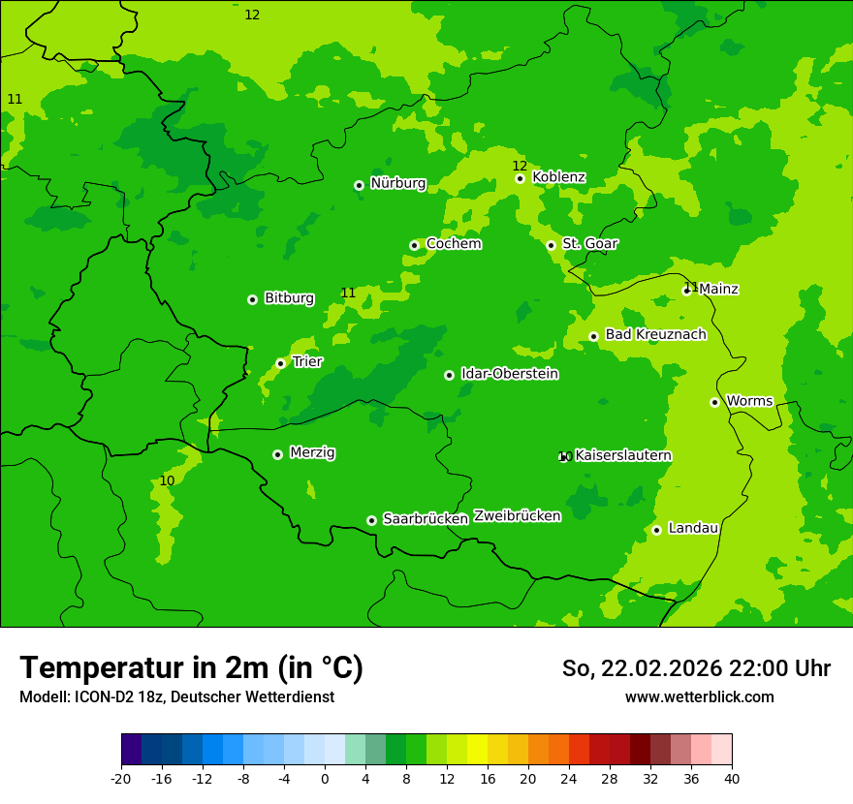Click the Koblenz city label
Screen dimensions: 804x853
[x=558, y=177]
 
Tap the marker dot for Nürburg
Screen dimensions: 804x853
[x=359, y=185]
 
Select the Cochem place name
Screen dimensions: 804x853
[x=454, y=244]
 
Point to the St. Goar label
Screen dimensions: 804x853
[x=589, y=244]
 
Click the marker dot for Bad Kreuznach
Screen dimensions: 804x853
[x=593, y=336]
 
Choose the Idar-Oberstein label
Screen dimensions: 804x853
[x=509, y=374]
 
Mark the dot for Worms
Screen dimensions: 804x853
[x=714, y=402]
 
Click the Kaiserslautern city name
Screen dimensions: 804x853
[x=623, y=455]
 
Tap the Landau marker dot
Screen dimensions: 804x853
[x=656, y=530]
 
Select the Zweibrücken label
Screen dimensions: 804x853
[x=517, y=516]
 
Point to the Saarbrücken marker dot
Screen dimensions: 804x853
[x=371, y=520]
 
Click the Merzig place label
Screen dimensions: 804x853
[x=312, y=453]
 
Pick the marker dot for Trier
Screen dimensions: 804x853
[x=280, y=363]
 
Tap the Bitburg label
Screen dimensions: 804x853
[x=289, y=298]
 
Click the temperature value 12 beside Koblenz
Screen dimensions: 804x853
[x=520, y=166]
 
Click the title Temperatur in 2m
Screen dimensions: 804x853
[x=191, y=668]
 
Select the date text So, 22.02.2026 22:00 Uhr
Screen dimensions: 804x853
[x=696, y=668]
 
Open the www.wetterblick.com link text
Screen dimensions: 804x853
[x=699, y=697]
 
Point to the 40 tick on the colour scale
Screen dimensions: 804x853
[x=732, y=778]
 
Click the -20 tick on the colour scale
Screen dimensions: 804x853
[x=121, y=778]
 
